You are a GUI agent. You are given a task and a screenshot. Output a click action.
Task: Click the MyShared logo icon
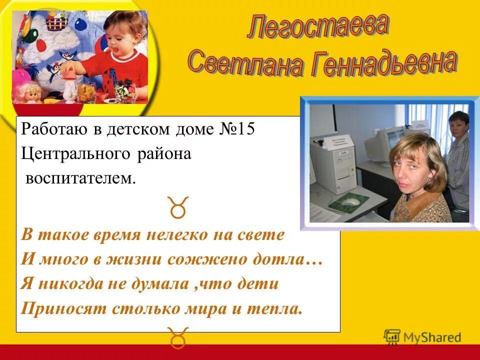tap(392, 337)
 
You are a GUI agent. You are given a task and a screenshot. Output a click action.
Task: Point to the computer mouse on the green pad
tap(353, 201)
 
